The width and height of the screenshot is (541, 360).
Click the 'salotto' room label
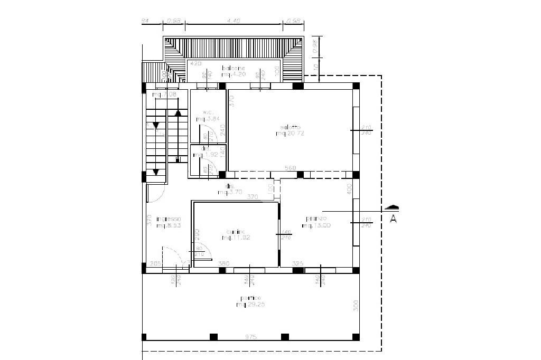point(290,127)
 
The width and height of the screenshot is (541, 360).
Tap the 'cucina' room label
point(235,231)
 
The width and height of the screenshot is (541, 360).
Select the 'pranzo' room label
point(316,219)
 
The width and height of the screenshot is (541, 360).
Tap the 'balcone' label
point(234,68)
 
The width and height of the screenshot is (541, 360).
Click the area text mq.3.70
point(229,193)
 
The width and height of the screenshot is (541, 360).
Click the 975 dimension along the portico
point(251,337)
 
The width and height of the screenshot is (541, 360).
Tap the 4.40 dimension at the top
point(234,21)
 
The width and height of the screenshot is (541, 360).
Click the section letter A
point(393,219)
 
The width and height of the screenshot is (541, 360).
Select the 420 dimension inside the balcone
point(195,63)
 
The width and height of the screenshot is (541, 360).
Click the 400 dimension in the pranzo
point(349,190)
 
